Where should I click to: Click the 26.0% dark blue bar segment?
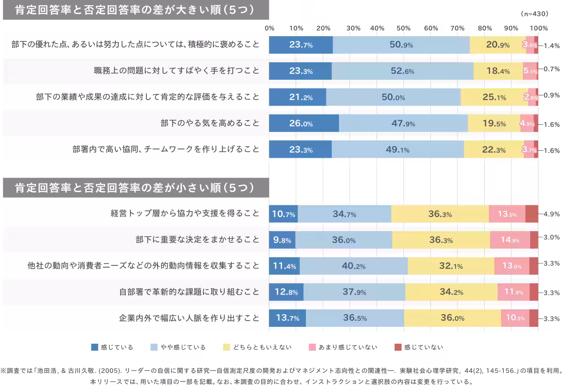click(304, 124)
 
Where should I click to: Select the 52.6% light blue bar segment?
click(402, 71)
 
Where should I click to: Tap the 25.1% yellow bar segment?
click(495, 97)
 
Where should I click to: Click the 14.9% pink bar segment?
click(510, 239)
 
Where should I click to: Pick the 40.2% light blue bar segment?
click(354, 266)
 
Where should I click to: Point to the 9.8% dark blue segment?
click(282, 239)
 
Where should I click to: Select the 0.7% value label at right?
click(549, 69)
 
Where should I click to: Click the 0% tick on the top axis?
click(270, 28)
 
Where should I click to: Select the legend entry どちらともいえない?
click(262, 347)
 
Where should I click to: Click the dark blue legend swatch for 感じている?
click(95, 347)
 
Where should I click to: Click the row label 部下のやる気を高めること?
click(210, 124)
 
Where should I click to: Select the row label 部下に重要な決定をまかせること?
click(197, 239)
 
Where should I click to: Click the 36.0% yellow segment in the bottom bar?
click(452, 318)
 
